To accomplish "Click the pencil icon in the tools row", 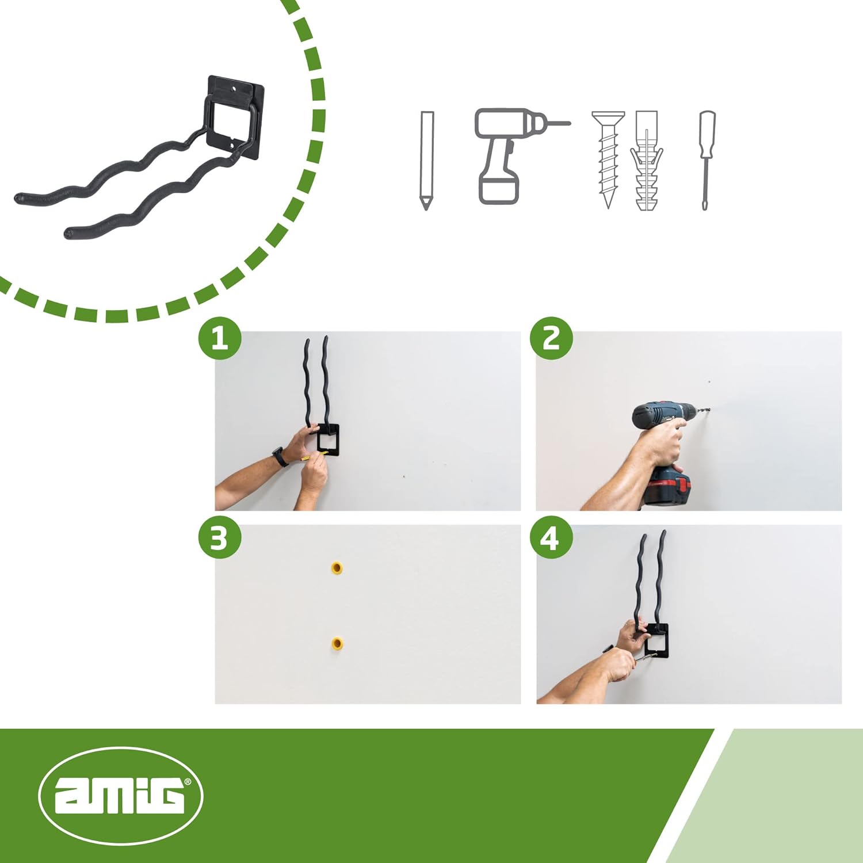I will coord(426,160).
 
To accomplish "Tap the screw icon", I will coord(608,158).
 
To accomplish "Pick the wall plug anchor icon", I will coord(647,161).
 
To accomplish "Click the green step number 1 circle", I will coord(219,338).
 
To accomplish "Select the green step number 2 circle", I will coord(551,338).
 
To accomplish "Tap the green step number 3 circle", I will coord(219,538).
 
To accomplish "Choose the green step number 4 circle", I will coord(551,538).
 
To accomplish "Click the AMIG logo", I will coord(121,796).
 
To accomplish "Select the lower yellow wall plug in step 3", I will coord(337,643).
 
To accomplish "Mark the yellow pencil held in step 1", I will coord(314,456).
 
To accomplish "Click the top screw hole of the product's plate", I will coord(235,89).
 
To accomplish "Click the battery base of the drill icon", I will coord(499,190).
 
